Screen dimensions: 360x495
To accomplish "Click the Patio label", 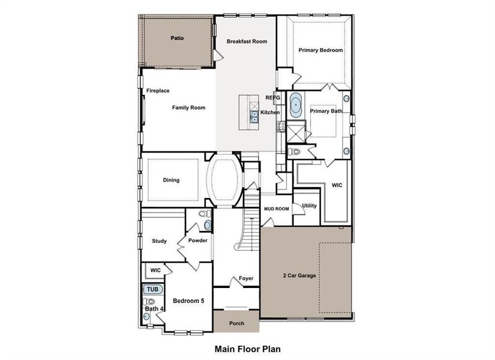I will pyautogui.click(x=177, y=38).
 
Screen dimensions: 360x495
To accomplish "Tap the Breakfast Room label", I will pyautogui.click(x=247, y=41).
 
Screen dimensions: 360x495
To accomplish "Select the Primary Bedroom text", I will pyautogui.click(x=321, y=50).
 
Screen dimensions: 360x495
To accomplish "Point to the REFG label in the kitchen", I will pyautogui.click(x=273, y=97).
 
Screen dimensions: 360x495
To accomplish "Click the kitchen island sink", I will pyautogui.click(x=254, y=115).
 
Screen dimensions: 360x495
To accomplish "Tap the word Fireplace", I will pyautogui.click(x=158, y=91).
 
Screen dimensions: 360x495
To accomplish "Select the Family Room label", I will pyautogui.click(x=189, y=108).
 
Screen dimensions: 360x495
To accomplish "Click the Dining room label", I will pyautogui.click(x=171, y=180).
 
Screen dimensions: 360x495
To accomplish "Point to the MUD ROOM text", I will pyautogui.click(x=277, y=209).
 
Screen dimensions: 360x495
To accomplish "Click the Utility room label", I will pyautogui.click(x=309, y=206).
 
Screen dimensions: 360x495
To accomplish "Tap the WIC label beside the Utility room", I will pyautogui.click(x=337, y=185).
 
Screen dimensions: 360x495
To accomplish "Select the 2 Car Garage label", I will pyautogui.click(x=299, y=276).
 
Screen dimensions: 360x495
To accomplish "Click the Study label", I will pyautogui.click(x=159, y=241).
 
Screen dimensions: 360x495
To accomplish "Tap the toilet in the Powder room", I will pyautogui.click(x=208, y=225).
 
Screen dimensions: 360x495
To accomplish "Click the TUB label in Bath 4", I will pyautogui.click(x=152, y=289).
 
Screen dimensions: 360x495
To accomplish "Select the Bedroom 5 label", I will pyautogui.click(x=189, y=301).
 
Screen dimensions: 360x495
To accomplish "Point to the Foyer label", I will pyautogui.click(x=246, y=278).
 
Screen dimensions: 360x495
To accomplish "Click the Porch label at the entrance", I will pyautogui.click(x=236, y=323).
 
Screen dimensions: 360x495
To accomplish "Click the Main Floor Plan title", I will pyautogui.click(x=247, y=348).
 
